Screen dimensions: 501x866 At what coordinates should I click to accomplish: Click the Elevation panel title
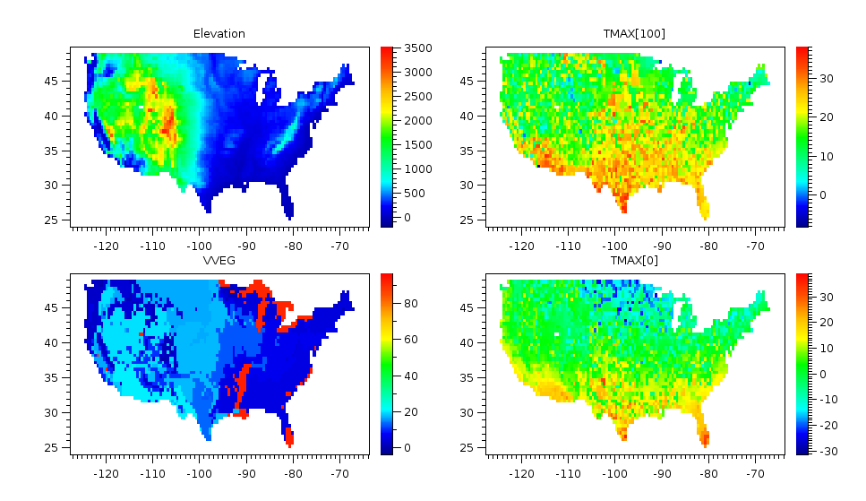pyautogui.click(x=219, y=34)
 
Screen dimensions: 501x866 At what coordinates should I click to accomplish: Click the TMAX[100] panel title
pyautogui.click(x=634, y=34)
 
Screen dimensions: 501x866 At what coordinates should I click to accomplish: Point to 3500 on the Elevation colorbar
pyautogui.click(x=417, y=48)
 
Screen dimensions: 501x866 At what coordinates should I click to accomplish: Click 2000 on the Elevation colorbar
pyautogui.click(x=417, y=120)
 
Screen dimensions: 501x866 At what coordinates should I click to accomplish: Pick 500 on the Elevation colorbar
pyautogui.click(x=415, y=193)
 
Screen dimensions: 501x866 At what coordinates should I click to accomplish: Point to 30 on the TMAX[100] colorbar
pyautogui.click(x=827, y=79)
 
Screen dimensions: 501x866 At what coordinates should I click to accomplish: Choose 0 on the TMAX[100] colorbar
pyautogui.click(x=823, y=194)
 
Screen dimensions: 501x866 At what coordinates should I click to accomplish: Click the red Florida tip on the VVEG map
pyautogui.click(x=289, y=439)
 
